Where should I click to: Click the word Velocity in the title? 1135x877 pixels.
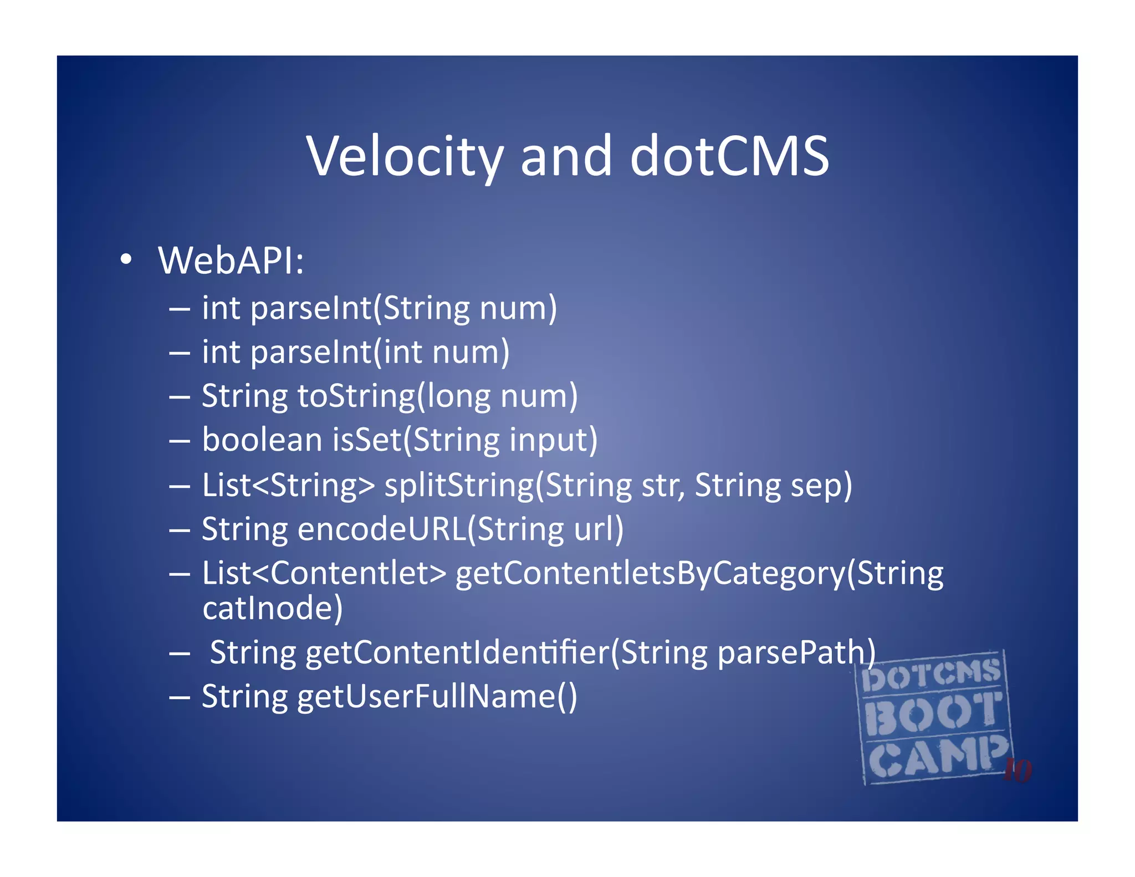coord(405,157)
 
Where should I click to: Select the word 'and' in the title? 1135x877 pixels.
coord(566,157)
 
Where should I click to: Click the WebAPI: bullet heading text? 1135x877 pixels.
coord(231,261)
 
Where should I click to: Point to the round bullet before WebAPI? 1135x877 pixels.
coord(126,259)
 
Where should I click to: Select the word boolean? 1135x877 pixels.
coord(262,440)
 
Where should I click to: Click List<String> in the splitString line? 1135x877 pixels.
coord(288,486)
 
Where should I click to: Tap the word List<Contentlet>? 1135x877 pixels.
coord(324,573)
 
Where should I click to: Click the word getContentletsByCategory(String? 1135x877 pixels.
coord(699,574)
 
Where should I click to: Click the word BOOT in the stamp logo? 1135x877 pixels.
coord(933,714)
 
